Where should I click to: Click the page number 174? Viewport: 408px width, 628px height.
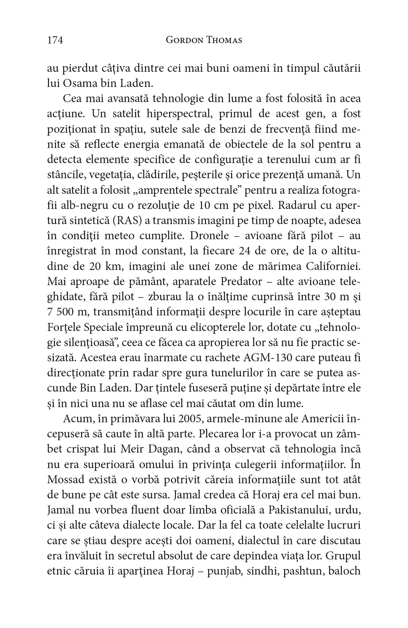(55, 40)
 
